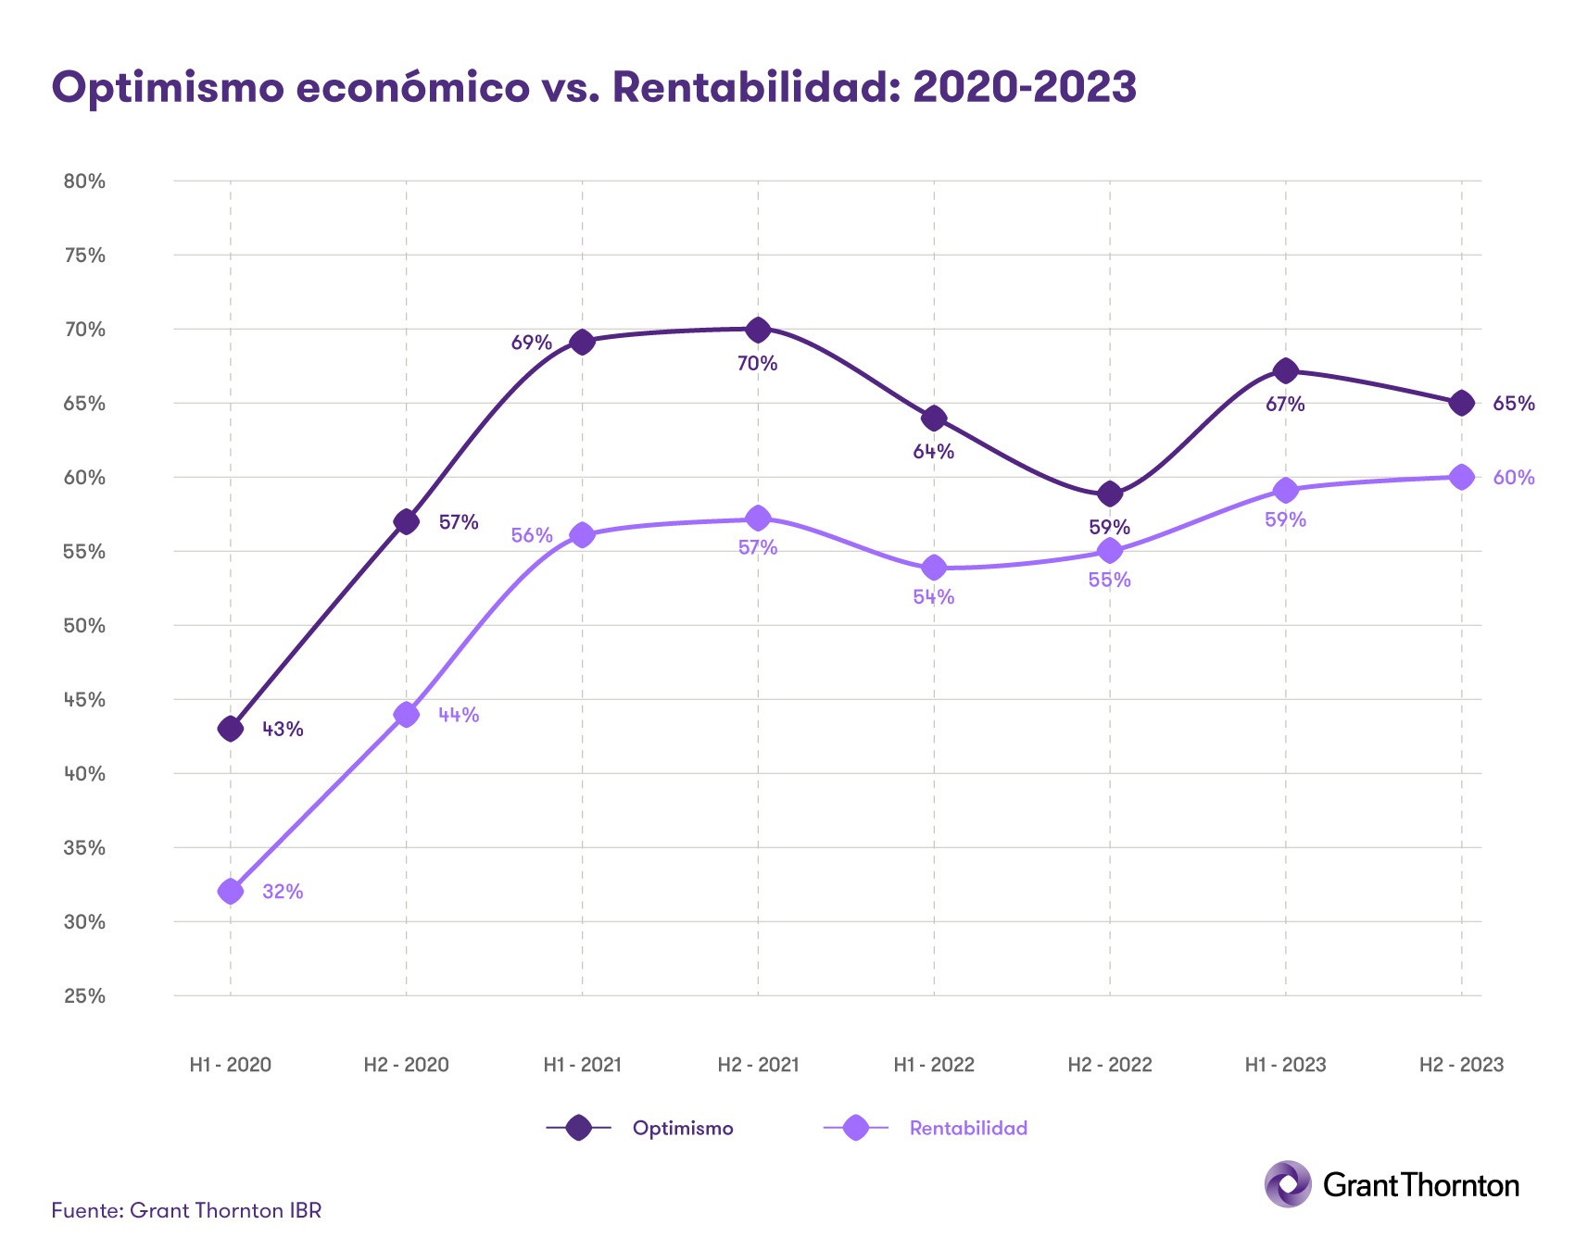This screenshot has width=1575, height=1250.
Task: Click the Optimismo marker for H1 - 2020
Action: pyautogui.click(x=231, y=729)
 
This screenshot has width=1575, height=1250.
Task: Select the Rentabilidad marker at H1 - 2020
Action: pyautogui.click(x=231, y=892)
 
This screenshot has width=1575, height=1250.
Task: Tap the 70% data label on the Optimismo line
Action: pyautogui.click(x=757, y=364)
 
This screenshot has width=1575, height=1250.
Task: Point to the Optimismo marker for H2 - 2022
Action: pyautogui.click(x=1110, y=494)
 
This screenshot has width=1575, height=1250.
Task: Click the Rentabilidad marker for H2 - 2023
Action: pyautogui.click(x=1461, y=477)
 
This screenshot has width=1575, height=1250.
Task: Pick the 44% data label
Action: pyautogui.click(x=459, y=715)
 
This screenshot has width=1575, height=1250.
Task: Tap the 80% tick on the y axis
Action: pyautogui.click(x=84, y=181)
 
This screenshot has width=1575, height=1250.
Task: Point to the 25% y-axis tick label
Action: pyautogui.click(x=84, y=996)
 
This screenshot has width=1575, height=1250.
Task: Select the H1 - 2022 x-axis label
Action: pyautogui.click(x=934, y=1065)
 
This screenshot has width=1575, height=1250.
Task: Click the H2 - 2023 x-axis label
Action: pyautogui.click(x=1461, y=1065)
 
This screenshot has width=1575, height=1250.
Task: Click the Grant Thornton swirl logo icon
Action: pyautogui.click(x=1288, y=1183)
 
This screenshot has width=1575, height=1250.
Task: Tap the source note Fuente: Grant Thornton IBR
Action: pyautogui.click(x=186, y=1210)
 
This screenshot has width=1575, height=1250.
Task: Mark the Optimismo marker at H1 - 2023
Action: pyautogui.click(x=1285, y=371)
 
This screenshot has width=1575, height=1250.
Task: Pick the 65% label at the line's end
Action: pyautogui.click(x=1514, y=404)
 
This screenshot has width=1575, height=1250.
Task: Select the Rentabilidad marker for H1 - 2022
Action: pyautogui.click(x=934, y=568)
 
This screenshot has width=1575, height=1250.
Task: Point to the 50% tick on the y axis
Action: pyautogui.click(x=84, y=626)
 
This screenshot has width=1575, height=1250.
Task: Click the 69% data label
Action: pyautogui.click(x=532, y=344)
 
